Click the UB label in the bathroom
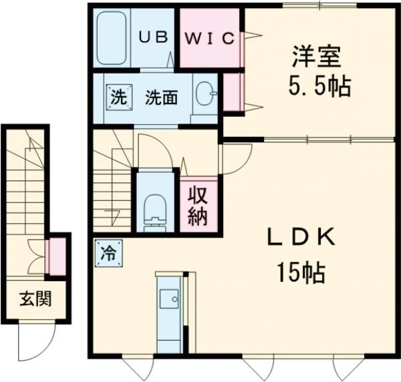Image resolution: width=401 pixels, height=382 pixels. coord(153,38)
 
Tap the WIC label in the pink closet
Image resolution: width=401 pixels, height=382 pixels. coord(209,38)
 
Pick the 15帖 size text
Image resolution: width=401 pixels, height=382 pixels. coord(301,272)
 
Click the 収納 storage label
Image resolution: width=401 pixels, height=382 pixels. coord(198,205)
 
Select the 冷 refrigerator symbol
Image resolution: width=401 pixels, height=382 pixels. coord(107,253)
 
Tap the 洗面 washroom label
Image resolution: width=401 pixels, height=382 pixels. coord(161,98)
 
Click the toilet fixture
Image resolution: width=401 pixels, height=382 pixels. coord(155,207)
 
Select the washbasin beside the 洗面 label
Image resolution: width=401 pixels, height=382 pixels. coord(205,95)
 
